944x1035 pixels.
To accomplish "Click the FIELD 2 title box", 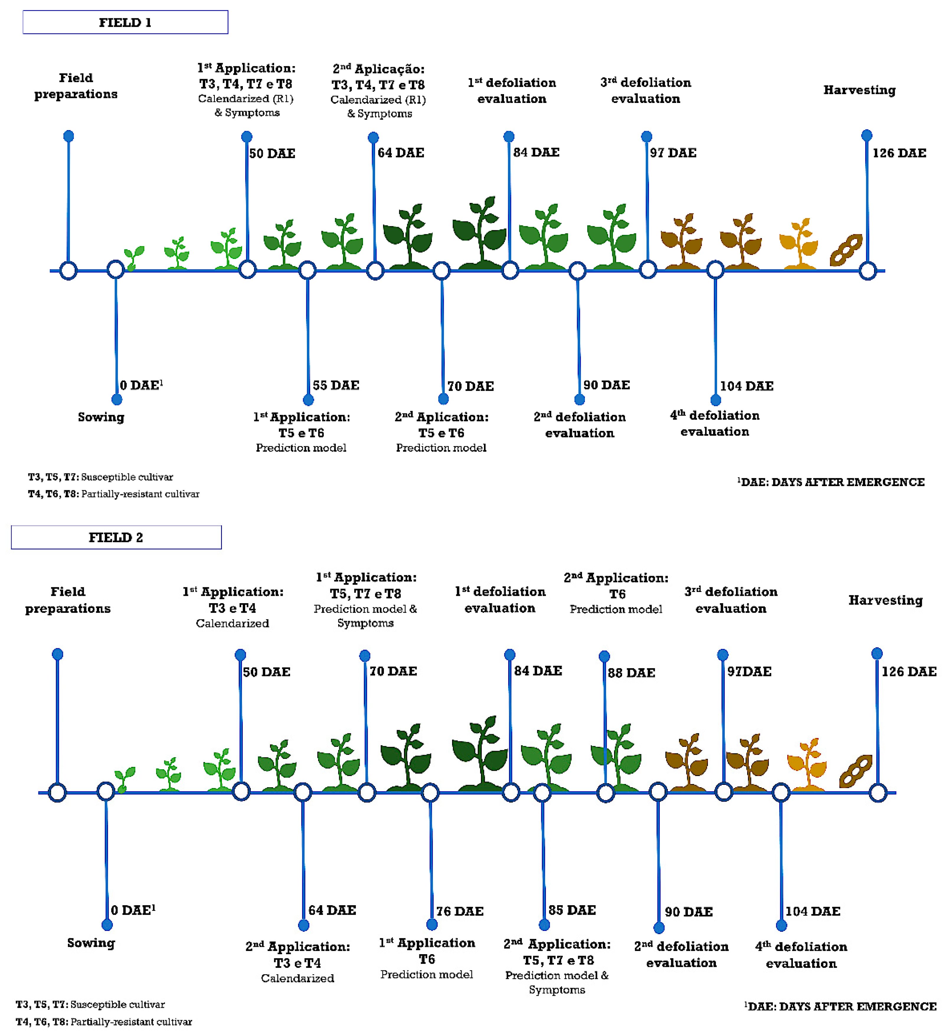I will click(116, 537).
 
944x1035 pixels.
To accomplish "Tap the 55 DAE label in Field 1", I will click(336, 385).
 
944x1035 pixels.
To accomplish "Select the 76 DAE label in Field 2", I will click(460, 911).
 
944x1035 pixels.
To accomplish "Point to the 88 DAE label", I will click(631, 672).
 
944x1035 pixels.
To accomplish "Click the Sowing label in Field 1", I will click(101, 417).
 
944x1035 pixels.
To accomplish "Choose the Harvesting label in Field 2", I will click(886, 600).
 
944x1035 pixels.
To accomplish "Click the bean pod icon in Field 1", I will click(846, 250).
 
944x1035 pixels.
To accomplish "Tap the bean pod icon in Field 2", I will click(855, 771).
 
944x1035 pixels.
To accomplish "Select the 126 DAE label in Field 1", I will click(899, 153).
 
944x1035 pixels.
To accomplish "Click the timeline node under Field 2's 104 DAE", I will click(781, 793).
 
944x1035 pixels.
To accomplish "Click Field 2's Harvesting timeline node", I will click(878, 793).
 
